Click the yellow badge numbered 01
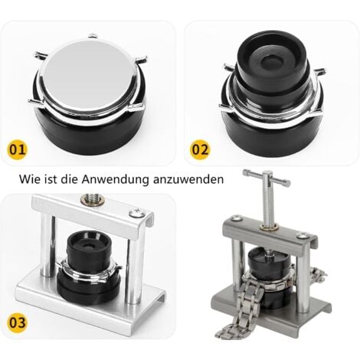18,149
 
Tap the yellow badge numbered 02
200,149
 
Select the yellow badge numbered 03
18,322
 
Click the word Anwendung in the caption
115,180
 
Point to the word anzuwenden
188,180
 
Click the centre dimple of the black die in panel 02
272,61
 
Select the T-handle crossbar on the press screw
267,176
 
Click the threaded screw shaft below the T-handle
267,205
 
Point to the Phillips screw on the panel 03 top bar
137,214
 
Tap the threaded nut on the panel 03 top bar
91,199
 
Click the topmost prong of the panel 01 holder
93,35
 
